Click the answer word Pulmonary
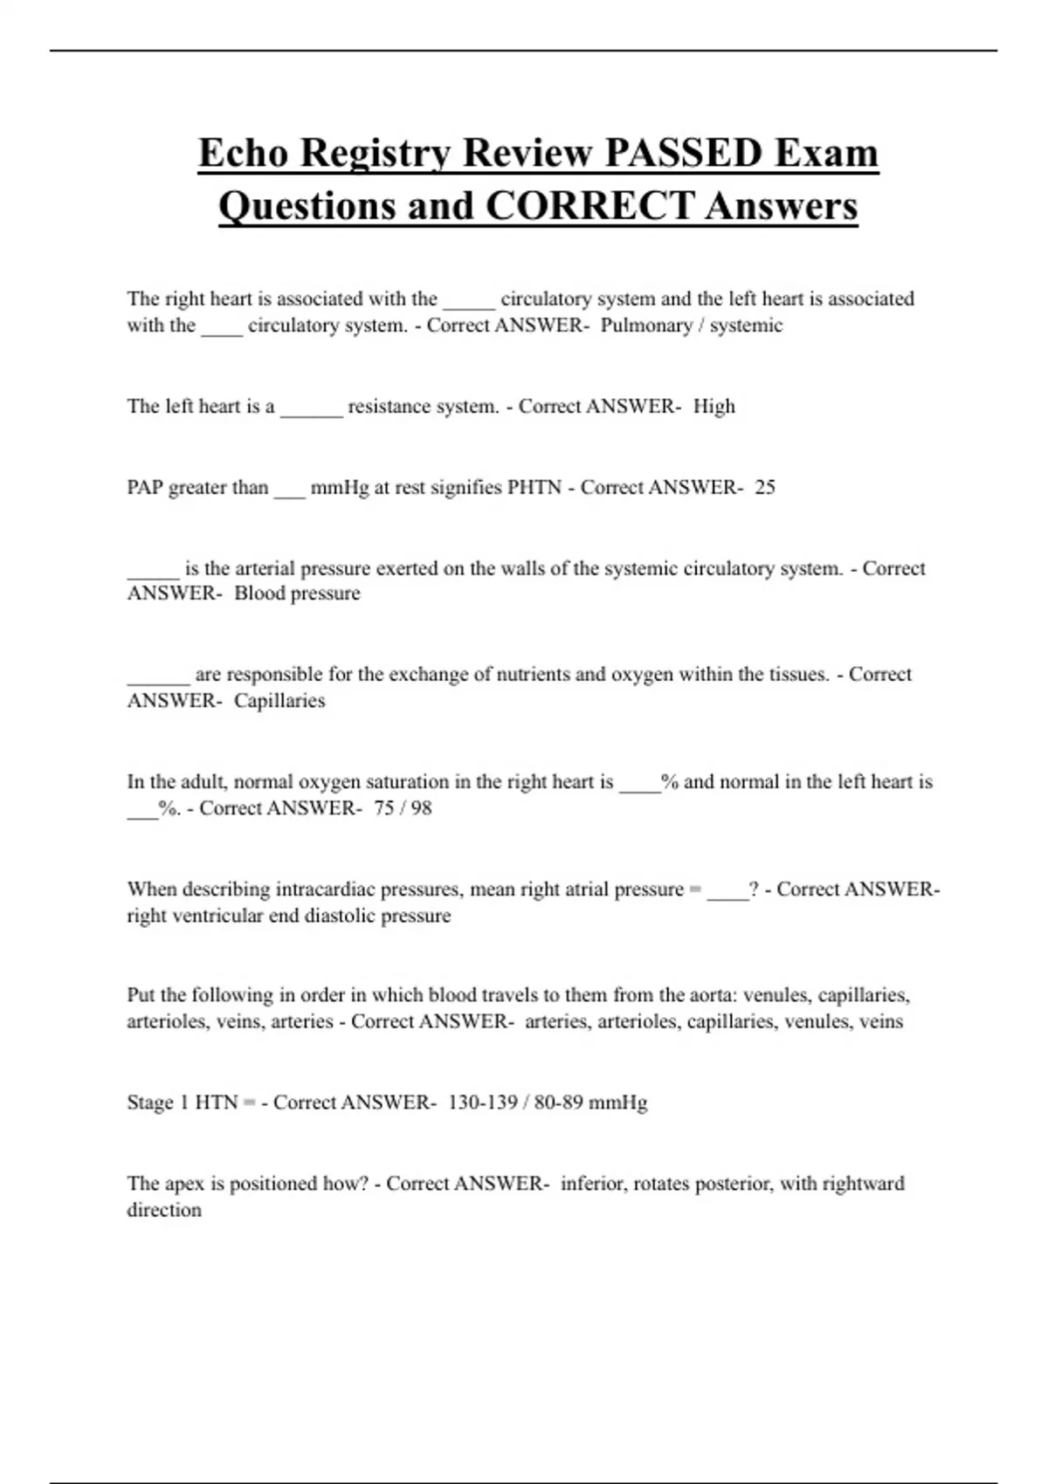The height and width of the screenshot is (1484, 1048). pos(645,326)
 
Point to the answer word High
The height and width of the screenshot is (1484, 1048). pos(714,407)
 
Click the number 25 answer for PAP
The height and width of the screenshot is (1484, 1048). pos(765,487)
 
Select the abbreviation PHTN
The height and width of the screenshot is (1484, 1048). pos(534,487)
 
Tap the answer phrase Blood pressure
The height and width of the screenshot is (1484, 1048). pos(297,594)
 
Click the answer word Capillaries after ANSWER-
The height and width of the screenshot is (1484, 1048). pos(279,701)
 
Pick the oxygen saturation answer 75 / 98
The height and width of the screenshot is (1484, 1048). pos(403,808)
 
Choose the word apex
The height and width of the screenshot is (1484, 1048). pos(184,1185)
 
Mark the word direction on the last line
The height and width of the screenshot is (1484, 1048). pos(164,1211)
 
